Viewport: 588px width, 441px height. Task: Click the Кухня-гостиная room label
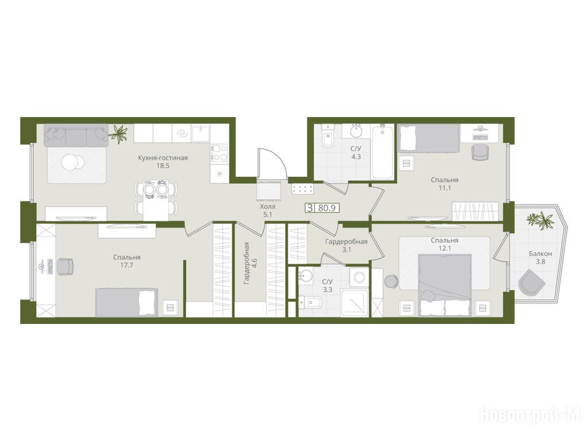[163, 158]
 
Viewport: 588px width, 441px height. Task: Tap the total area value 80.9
[327, 208]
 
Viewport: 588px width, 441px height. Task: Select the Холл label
[268, 207]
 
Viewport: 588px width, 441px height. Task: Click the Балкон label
[540, 254]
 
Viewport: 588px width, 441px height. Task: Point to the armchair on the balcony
[531, 281]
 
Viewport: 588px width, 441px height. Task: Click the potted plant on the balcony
[540, 220]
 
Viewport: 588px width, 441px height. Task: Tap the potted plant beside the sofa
[118, 133]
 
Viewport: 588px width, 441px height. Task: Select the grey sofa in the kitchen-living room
[76, 136]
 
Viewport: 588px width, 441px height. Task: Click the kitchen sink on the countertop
[200, 133]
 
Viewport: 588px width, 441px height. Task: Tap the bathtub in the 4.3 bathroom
[382, 152]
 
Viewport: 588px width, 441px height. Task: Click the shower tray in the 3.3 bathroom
[354, 303]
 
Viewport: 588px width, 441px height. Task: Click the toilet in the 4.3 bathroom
[327, 137]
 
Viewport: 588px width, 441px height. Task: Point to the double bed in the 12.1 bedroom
[445, 285]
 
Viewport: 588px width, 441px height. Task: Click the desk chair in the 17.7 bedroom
[65, 266]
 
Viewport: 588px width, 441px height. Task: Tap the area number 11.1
[445, 188]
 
